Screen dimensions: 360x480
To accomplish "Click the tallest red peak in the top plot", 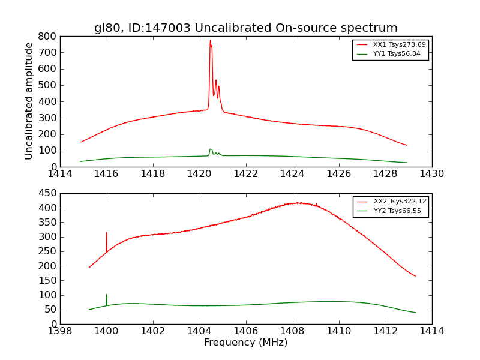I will [210, 41].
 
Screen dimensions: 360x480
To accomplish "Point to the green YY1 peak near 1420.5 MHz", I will [211, 149].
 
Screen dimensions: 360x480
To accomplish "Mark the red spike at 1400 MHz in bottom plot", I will [107, 233].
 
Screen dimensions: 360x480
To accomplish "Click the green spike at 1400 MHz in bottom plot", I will [107, 295].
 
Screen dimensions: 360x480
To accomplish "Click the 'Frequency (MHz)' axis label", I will [245, 343].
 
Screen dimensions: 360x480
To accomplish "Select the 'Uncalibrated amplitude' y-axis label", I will [29, 101].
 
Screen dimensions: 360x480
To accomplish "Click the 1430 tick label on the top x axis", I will [431, 174].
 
